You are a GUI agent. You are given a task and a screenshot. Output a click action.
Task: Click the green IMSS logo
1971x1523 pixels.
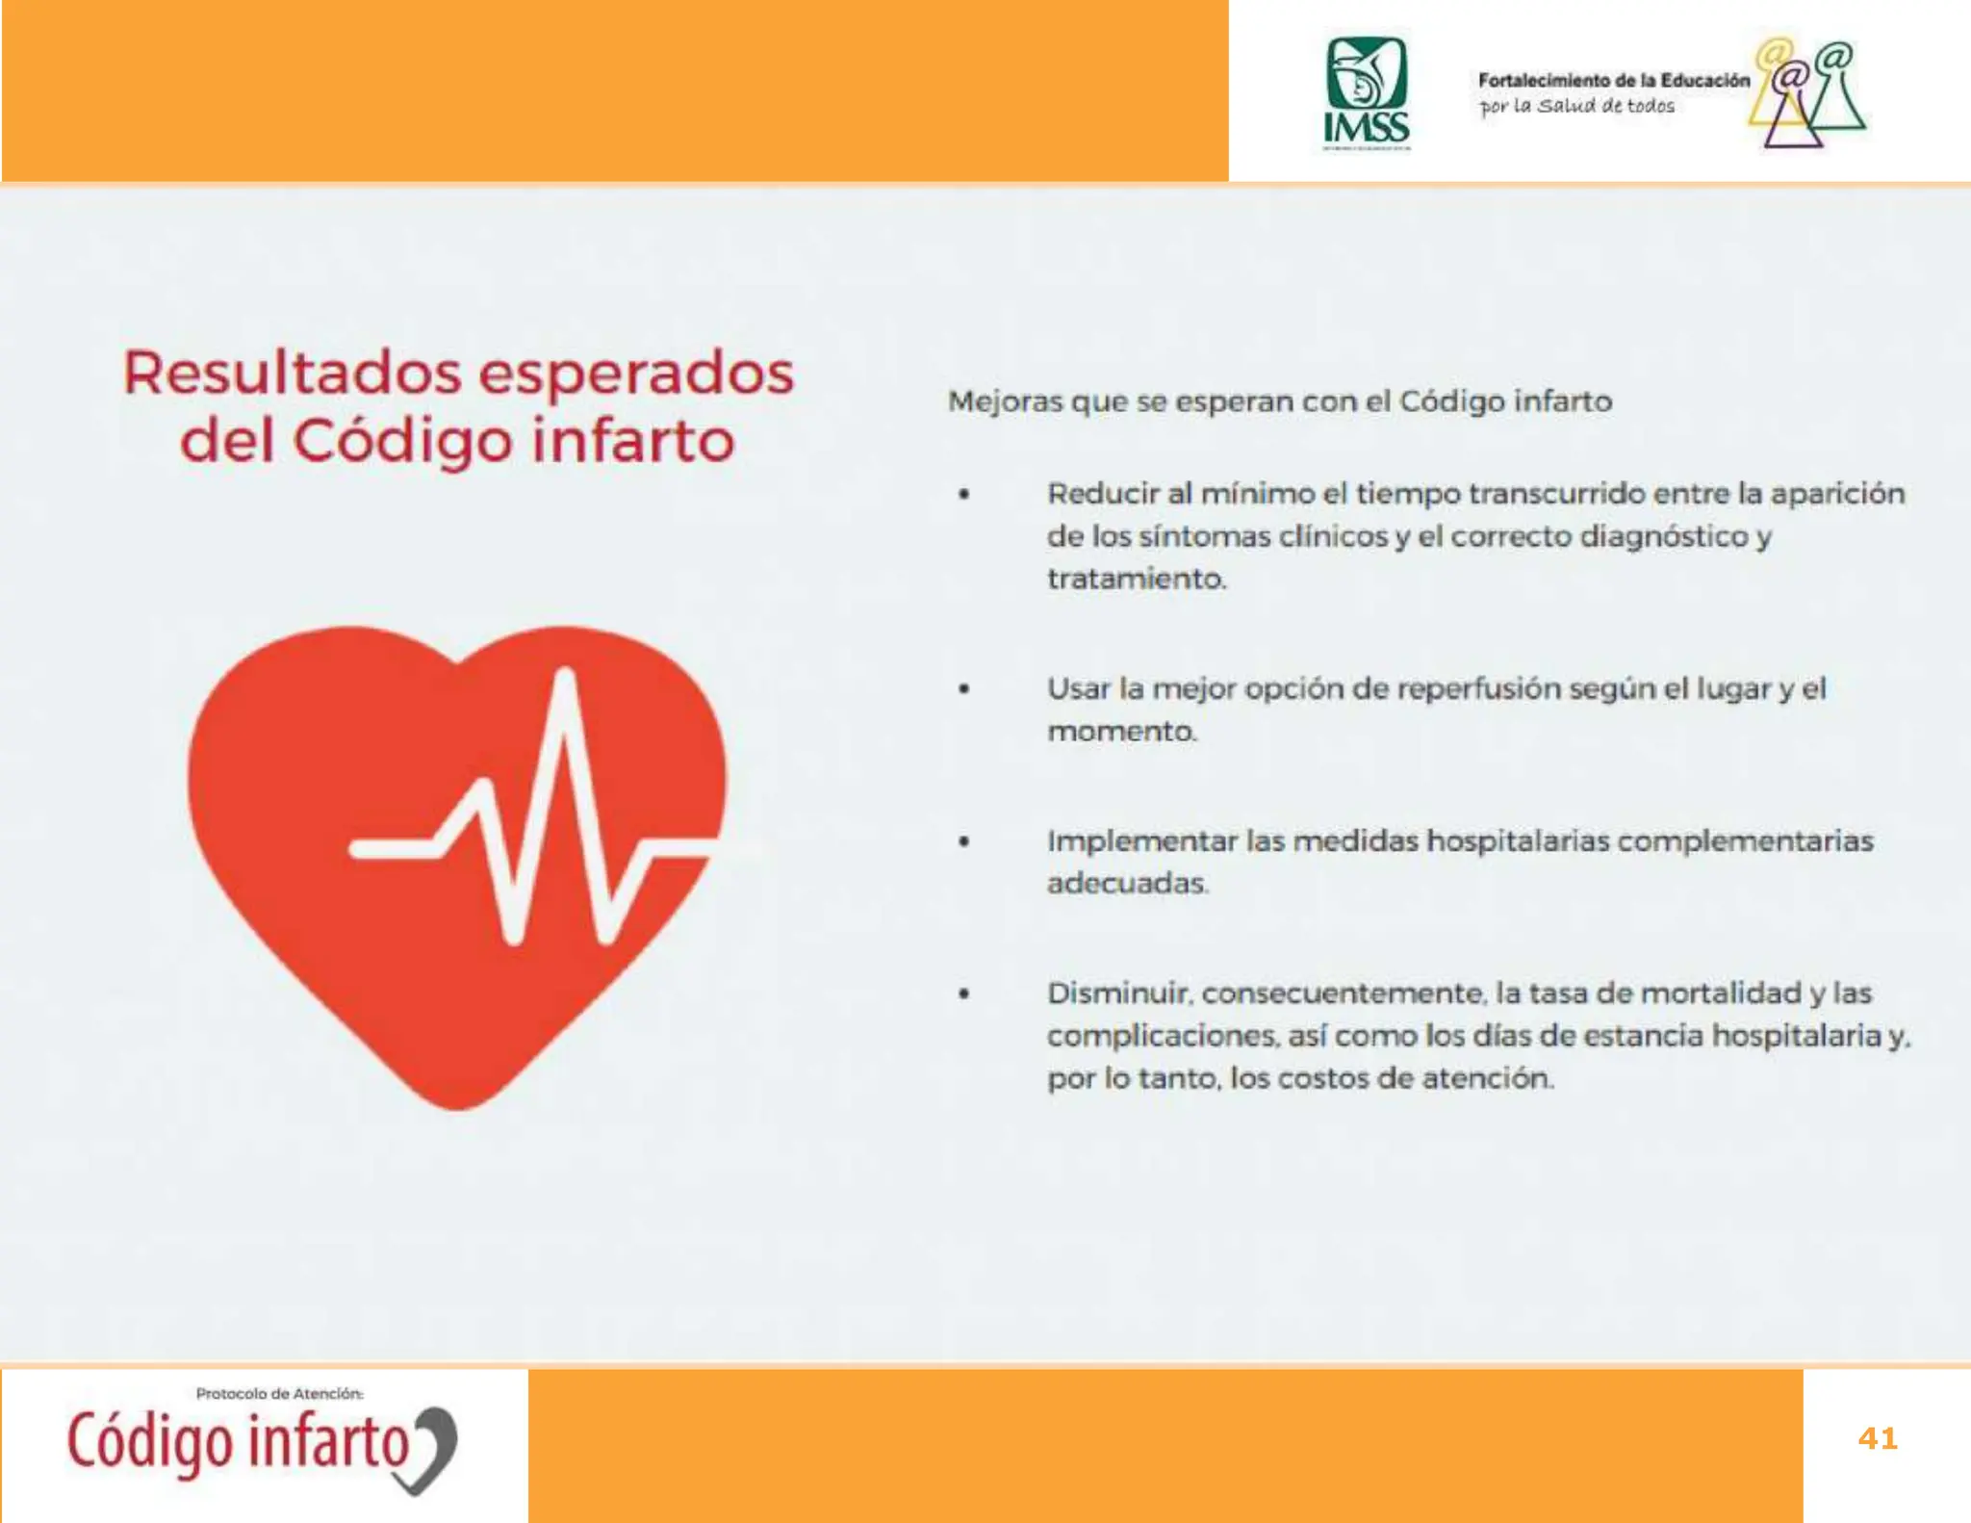(x=1366, y=92)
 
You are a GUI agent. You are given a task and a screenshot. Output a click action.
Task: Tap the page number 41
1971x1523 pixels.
(x=1877, y=1438)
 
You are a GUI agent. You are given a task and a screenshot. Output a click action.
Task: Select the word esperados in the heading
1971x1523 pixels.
(x=636, y=375)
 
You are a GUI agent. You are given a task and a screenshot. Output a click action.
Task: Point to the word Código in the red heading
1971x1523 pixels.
(x=402, y=442)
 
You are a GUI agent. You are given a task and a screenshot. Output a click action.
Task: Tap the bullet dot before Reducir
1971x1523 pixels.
(x=963, y=495)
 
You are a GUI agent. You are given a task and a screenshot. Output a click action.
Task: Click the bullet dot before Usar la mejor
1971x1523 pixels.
(x=963, y=689)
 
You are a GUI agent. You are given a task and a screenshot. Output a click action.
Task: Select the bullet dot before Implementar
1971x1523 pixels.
(x=963, y=841)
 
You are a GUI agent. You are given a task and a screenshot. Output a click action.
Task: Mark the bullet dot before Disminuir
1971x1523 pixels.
(x=963, y=994)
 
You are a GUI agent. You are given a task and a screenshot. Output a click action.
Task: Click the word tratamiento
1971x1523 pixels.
(x=1136, y=579)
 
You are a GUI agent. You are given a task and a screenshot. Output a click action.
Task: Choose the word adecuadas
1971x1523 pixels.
(x=1126, y=883)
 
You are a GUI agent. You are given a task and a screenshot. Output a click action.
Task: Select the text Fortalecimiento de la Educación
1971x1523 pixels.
(x=1613, y=81)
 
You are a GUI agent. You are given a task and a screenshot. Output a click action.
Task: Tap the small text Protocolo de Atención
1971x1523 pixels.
(x=279, y=1393)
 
